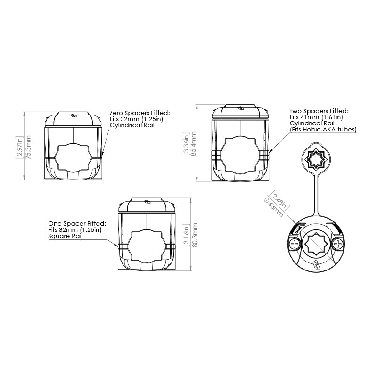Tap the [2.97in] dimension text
[19, 146]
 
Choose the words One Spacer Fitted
[77, 223]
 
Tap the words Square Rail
[66, 236]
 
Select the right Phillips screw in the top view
[337, 243]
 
